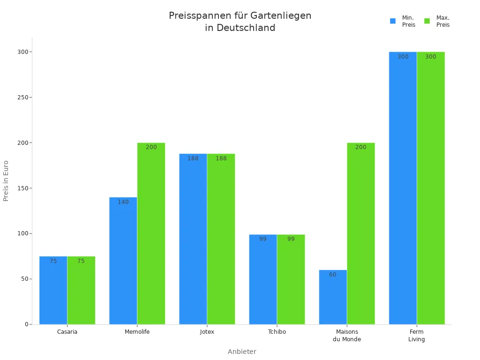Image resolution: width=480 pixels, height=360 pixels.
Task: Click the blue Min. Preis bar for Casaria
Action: point(53,291)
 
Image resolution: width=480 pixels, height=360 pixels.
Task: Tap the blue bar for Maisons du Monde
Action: point(333,297)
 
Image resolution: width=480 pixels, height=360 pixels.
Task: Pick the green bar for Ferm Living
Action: point(431,187)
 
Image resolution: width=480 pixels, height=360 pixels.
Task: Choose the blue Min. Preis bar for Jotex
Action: point(193,239)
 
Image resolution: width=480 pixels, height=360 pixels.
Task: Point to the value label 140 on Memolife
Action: point(123,202)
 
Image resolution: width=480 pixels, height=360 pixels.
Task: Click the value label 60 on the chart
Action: point(332,275)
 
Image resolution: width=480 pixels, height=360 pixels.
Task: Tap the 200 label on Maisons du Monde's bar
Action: point(360,147)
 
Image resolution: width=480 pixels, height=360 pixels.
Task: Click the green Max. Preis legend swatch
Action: point(427,21)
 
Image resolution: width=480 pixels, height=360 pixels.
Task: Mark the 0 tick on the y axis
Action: point(26,324)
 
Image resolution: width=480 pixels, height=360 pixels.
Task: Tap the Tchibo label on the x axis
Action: point(277,332)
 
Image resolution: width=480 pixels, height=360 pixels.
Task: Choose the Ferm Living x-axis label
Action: point(416,336)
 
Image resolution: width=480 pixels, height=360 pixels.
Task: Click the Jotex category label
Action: point(207,332)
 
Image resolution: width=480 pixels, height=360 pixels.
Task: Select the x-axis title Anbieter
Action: point(242,352)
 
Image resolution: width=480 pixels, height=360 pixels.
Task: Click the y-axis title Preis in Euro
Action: point(6,181)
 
